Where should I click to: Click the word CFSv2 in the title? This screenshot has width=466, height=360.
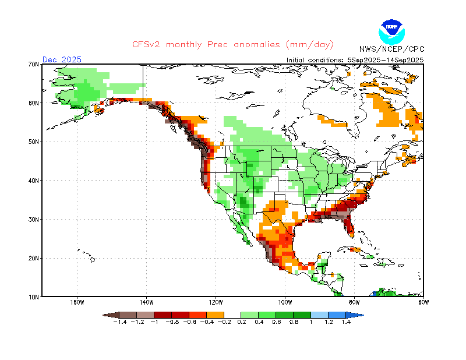tap(146, 45)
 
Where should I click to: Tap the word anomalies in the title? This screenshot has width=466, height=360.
tap(257, 45)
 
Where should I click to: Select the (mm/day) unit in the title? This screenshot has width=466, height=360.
tap(310, 45)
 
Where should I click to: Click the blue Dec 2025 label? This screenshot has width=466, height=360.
tap(62, 59)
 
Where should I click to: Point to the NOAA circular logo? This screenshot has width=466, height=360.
tap(391, 32)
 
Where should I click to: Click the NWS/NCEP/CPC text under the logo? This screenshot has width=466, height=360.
tap(391, 49)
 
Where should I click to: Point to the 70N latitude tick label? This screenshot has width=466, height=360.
tap(34, 64)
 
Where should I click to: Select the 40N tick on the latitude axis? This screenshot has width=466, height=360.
tap(34, 181)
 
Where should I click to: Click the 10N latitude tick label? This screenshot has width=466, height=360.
tap(34, 297)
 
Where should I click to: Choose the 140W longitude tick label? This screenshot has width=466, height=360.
tap(146, 303)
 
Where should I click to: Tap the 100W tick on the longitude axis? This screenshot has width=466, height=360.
tap(285, 303)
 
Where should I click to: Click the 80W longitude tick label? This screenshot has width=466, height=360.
tap(354, 303)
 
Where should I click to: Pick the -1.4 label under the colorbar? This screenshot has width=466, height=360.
tap(120, 322)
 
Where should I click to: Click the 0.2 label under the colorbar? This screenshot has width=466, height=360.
tap(242, 322)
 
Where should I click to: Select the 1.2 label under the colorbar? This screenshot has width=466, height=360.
tap(329, 322)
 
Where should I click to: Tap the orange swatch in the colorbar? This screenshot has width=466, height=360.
tap(215, 315)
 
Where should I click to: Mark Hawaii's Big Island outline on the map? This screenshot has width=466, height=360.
tap(93, 260)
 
